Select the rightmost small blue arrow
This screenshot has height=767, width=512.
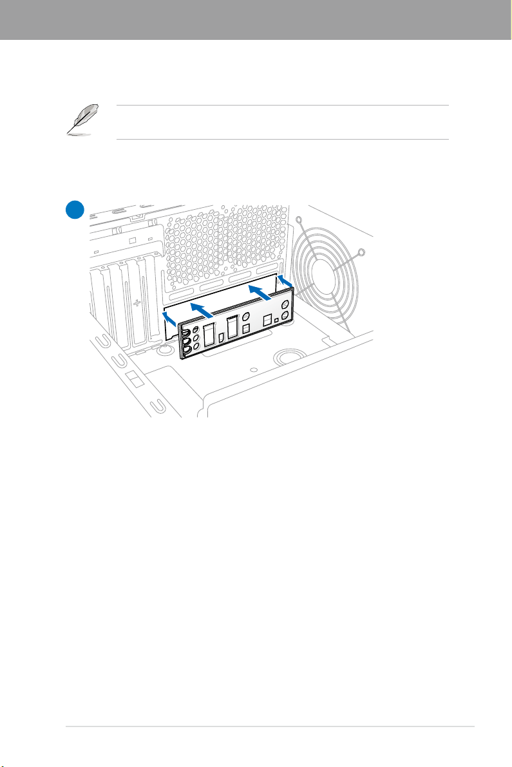pos(285,281)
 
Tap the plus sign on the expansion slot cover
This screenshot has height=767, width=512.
pos(137,301)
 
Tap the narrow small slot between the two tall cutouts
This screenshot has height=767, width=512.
pos(220,337)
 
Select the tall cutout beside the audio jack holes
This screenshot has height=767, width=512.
pos(209,337)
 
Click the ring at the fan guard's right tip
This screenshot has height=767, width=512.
pos(361,252)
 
